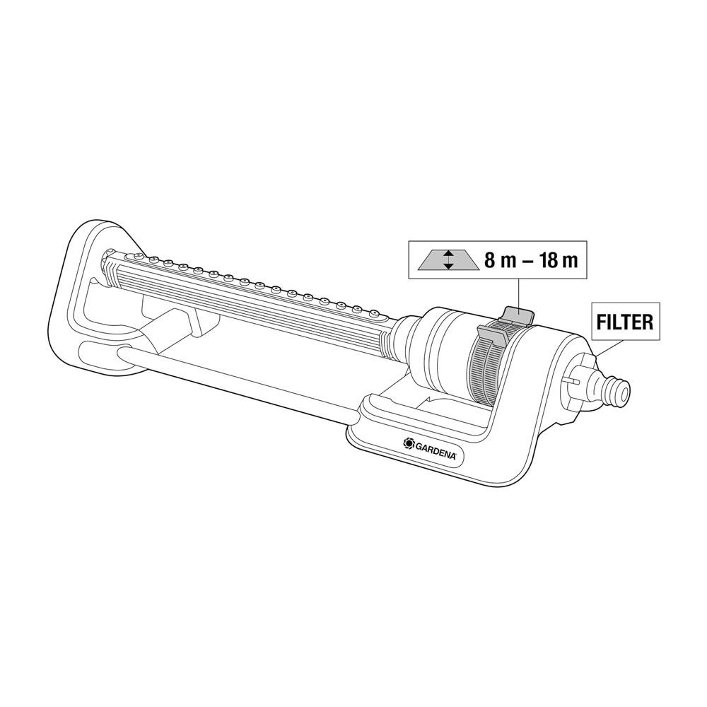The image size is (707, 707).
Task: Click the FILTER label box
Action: point(626,322)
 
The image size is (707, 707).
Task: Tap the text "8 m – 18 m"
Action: point(531,261)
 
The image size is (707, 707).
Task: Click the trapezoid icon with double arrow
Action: point(447,261)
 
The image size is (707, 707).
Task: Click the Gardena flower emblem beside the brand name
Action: point(408,444)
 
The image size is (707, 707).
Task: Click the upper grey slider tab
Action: point(518,315)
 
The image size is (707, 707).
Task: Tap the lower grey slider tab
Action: point(491,334)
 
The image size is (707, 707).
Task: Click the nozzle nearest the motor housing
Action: point(373,312)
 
